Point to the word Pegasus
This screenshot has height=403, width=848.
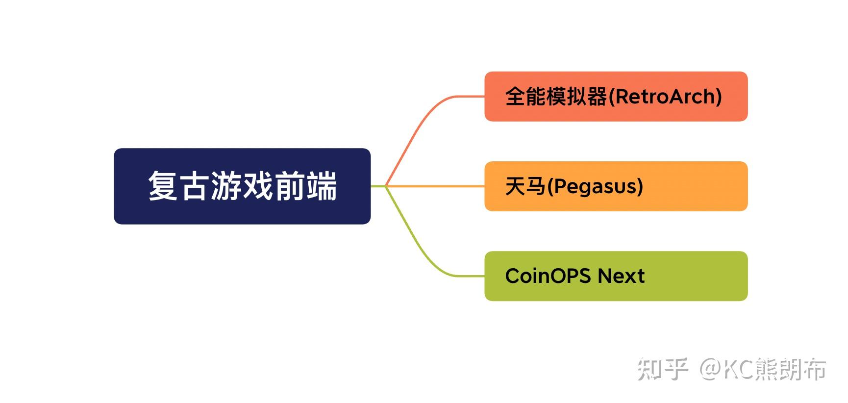595,187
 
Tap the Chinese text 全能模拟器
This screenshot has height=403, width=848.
556,97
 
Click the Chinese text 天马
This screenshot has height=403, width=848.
525,186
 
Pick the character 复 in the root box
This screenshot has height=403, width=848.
163,186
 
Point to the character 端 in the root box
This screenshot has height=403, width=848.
322,186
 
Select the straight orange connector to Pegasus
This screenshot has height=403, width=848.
436,186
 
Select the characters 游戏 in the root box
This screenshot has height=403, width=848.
242,186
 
